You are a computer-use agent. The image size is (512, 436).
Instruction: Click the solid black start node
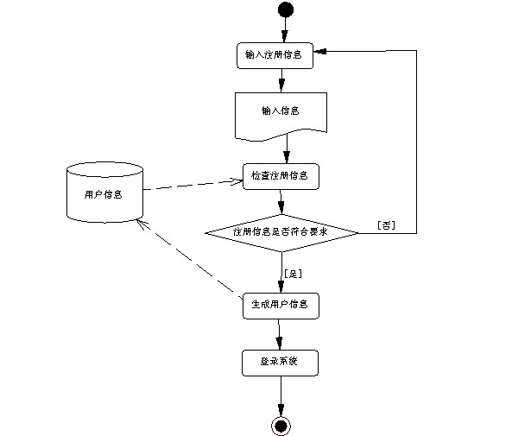click(x=286, y=9)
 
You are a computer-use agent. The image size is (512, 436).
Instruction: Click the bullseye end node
click(x=281, y=427)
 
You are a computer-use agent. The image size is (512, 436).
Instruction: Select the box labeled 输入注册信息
click(x=275, y=55)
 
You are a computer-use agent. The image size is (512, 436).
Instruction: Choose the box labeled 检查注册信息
click(x=281, y=176)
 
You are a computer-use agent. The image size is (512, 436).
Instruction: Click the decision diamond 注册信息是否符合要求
click(x=281, y=233)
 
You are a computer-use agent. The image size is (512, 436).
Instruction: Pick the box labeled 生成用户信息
click(x=281, y=306)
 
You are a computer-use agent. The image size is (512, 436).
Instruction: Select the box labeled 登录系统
click(x=280, y=363)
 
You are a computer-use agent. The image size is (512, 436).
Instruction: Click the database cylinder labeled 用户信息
click(x=104, y=193)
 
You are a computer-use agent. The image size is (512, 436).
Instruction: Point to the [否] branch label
click(x=386, y=225)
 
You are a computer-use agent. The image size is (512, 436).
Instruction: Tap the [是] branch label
click(x=294, y=274)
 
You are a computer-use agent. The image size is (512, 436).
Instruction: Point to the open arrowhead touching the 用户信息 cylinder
click(x=142, y=224)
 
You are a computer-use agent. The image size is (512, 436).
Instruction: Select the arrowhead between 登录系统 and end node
click(x=281, y=410)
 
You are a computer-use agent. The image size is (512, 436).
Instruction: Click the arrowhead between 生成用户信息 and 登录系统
click(x=279, y=344)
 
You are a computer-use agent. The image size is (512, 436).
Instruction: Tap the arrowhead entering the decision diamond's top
click(x=281, y=208)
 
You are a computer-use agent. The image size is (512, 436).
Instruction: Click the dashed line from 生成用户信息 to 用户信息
click(x=189, y=259)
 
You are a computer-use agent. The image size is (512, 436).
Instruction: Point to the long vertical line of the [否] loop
click(x=416, y=142)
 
